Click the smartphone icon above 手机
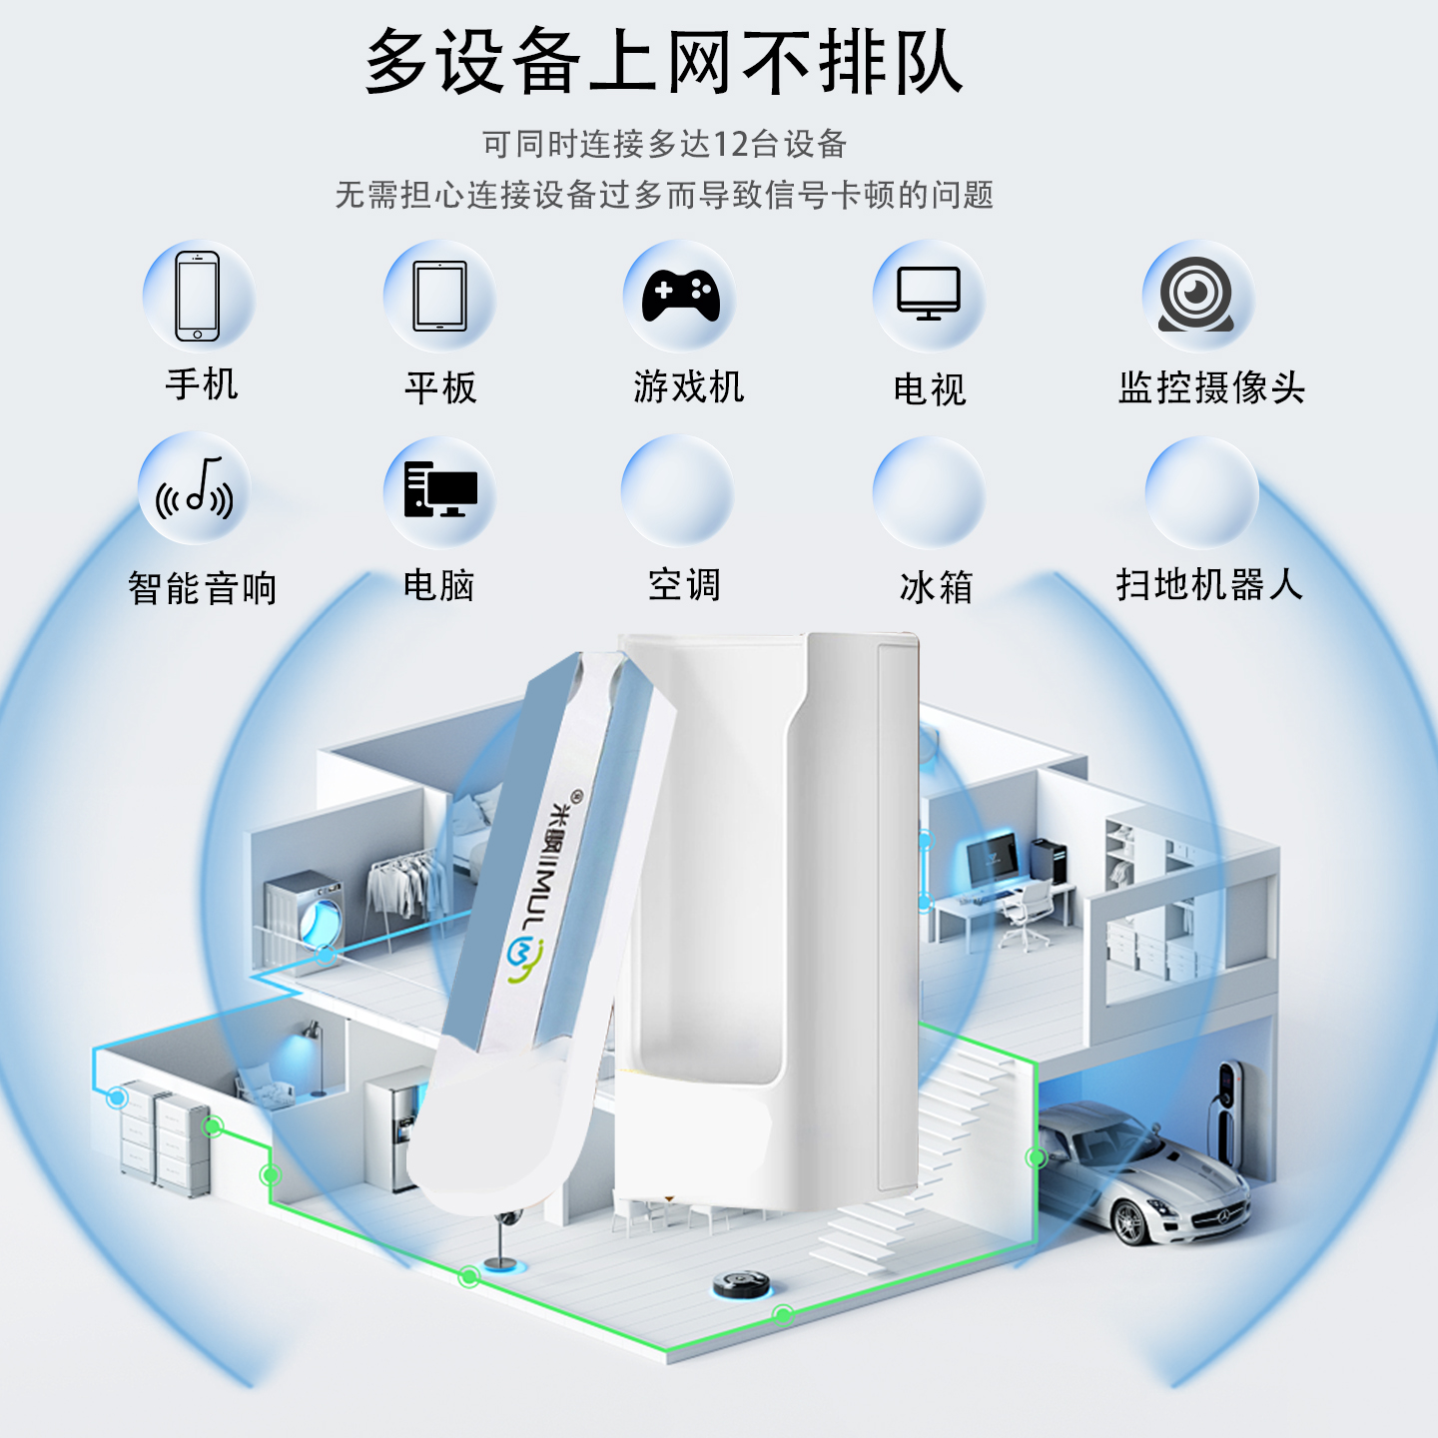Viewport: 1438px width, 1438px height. pyautogui.click(x=198, y=297)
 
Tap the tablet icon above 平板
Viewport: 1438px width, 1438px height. pyautogui.click(x=440, y=297)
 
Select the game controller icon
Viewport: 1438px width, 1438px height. pyautogui.click(x=680, y=296)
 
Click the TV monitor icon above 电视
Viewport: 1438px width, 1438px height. pyautogui.click(x=929, y=295)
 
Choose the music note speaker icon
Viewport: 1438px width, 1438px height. pyautogui.click(x=196, y=489)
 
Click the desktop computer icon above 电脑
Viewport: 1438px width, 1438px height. pyautogui.click(x=440, y=489)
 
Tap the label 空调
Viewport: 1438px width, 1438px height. pyautogui.click(x=684, y=585)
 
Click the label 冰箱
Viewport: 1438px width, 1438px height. pyautogui.click(x=936, y=587)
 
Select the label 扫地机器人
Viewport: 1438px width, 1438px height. pyautogui.click(x=1209, y=585)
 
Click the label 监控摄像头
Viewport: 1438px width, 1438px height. pyautogui.click(x=1211, y=387)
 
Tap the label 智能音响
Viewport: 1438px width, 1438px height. pyautogui.click(x=203, y=588)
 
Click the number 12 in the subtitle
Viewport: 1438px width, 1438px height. pyautogui.click(x=730, y=145)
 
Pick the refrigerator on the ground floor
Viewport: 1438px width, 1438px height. pyautogui.click(x=400, y=1128)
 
